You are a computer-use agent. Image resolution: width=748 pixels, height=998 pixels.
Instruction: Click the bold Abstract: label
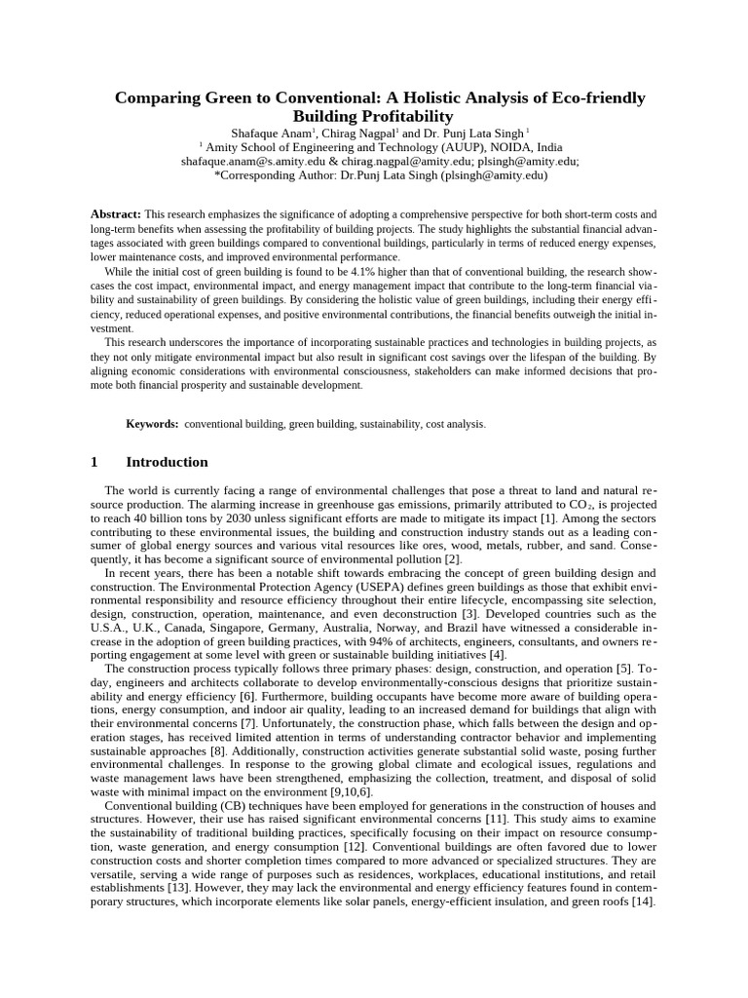pos(116,213)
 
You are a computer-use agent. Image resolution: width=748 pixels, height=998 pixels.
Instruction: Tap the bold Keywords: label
pos(152,425)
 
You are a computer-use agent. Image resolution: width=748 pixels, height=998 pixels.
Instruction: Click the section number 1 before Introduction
pos(93,462)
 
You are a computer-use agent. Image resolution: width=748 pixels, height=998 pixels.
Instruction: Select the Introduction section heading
pos(167,462)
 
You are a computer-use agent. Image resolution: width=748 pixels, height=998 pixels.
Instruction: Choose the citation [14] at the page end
pos(643,902)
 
